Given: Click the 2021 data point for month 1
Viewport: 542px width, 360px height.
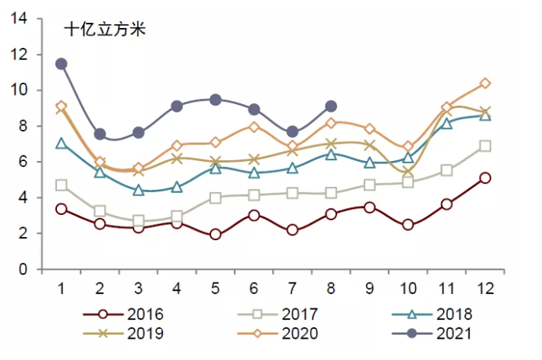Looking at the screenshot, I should tap(61, 64).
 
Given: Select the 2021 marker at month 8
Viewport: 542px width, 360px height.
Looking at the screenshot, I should tap(331, 106).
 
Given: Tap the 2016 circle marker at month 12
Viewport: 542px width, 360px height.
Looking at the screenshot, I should tap(485, 178).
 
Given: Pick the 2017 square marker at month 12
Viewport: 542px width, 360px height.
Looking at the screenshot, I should tap(485, 146).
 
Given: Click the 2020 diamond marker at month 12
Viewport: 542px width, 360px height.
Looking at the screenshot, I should tap(485, 83).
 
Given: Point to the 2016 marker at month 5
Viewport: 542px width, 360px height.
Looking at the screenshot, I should tap(216, 235).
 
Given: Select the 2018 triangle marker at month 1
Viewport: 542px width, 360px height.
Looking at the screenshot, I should tap(61, 144).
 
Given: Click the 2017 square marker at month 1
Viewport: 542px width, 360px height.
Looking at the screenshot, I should tap(61, 185).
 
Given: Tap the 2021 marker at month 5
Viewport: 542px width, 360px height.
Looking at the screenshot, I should tap(216, 99).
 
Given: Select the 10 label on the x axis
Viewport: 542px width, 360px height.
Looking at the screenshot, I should tap(408, 289).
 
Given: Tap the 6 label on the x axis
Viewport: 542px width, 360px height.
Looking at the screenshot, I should tap(254, 289).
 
